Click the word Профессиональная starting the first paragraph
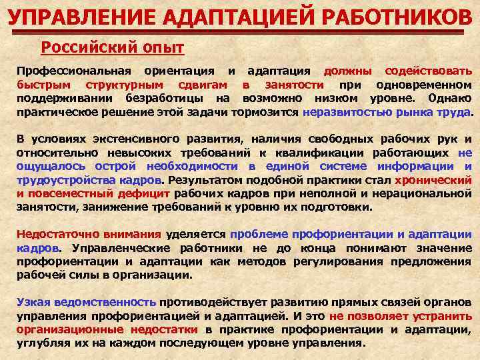tap(74, 71)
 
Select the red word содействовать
tap(431, 71)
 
